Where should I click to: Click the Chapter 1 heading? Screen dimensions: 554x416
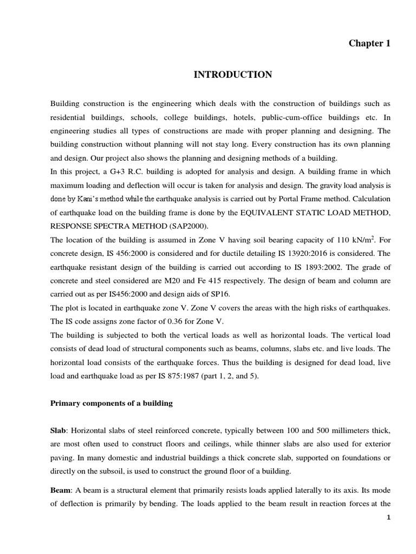pyautogui.click(x=369, y=44)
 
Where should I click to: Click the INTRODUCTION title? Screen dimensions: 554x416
pyautogui.click(x=233, y=75)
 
